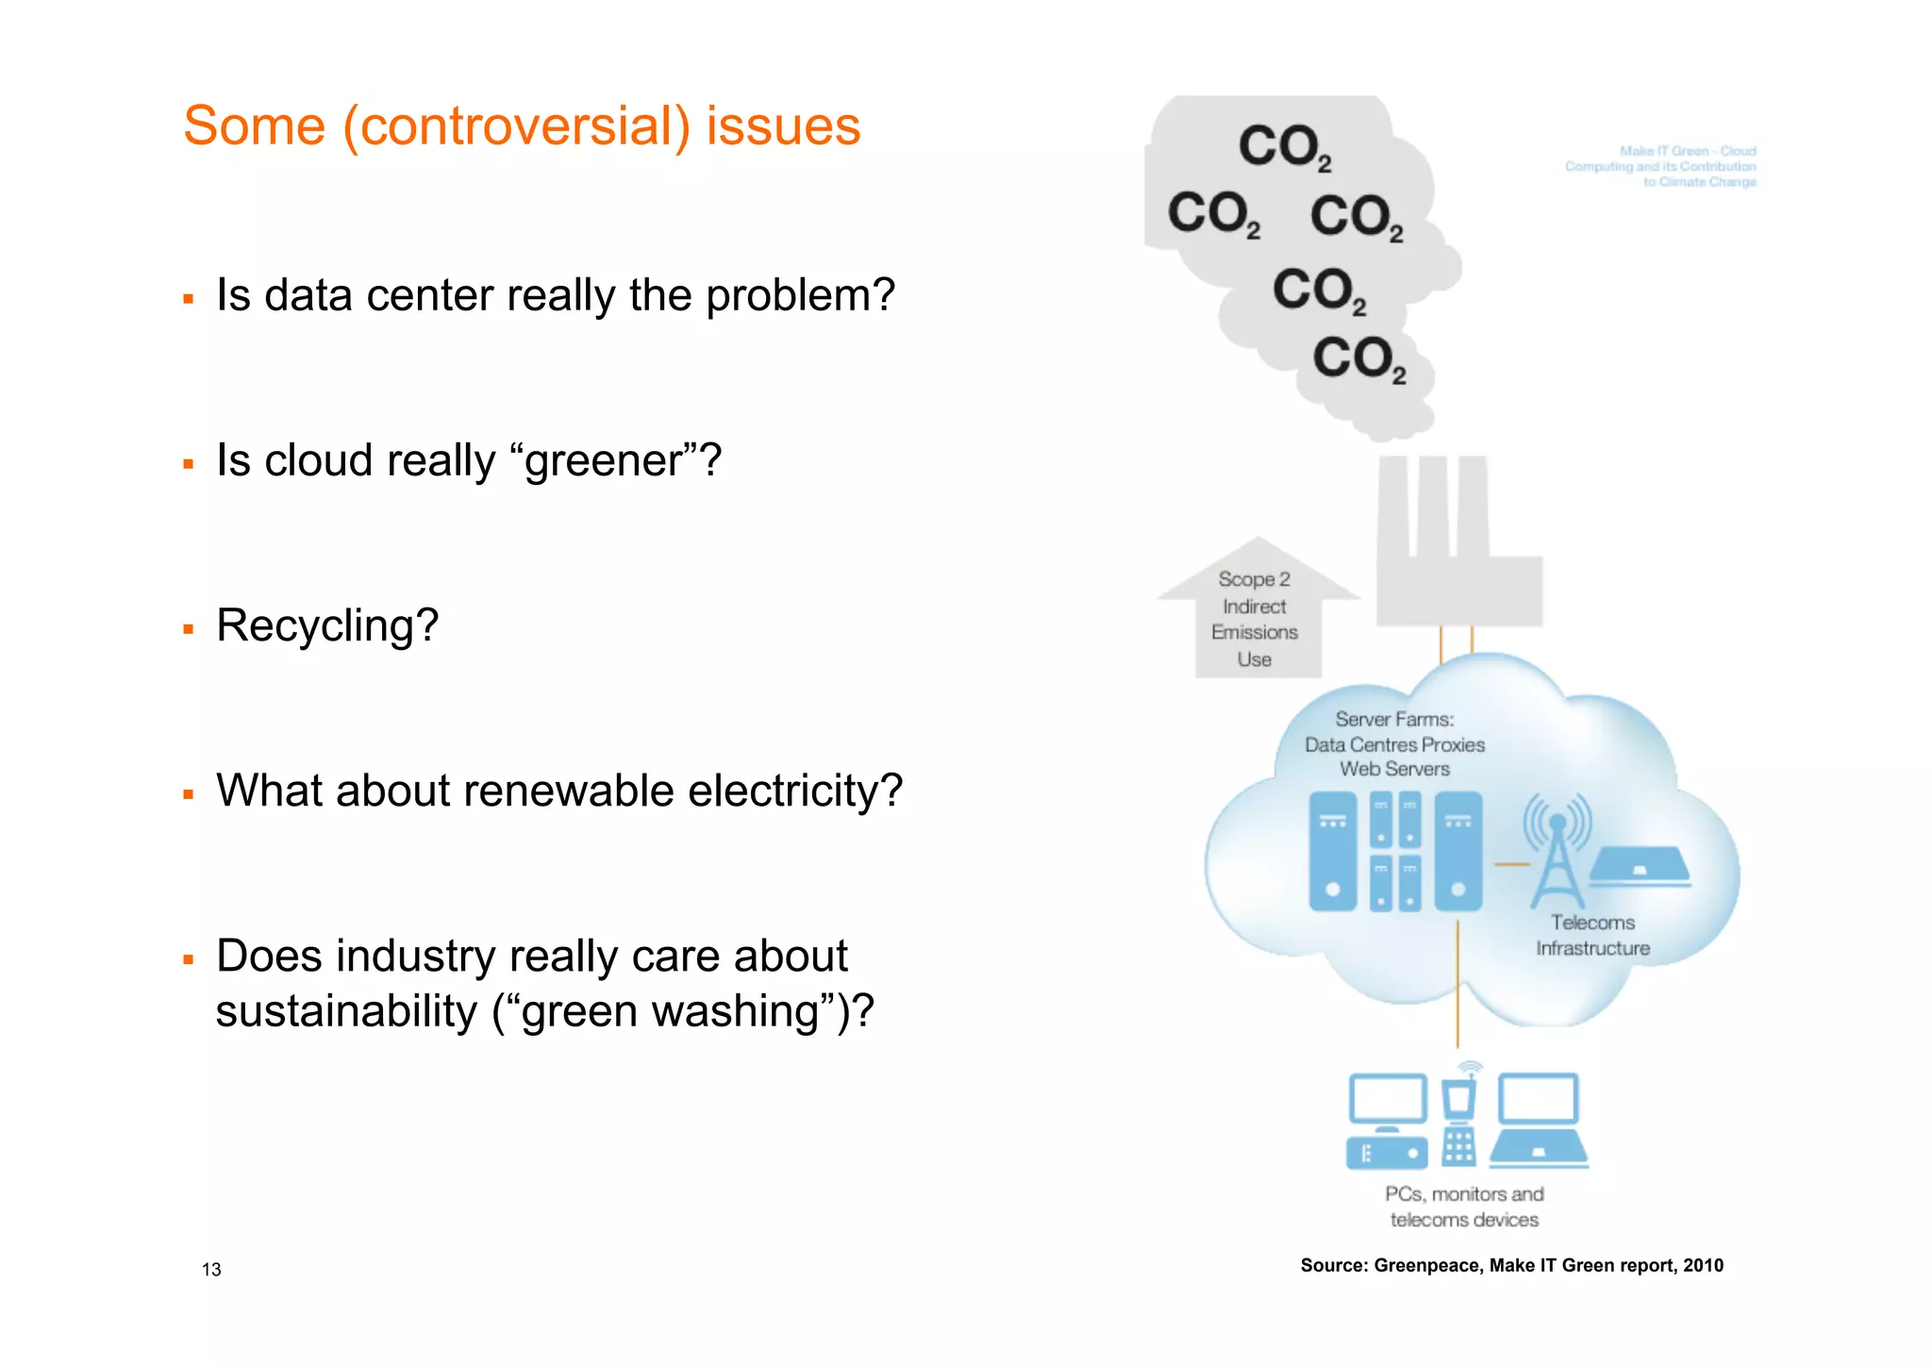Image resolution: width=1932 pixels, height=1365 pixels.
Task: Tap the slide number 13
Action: [211, 1270]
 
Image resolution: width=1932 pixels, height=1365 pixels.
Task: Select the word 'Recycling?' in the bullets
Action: [327, 625]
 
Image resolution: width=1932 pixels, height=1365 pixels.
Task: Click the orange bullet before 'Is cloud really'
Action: [189, 464]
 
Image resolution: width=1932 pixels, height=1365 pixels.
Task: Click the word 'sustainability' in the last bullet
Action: [346, 1011]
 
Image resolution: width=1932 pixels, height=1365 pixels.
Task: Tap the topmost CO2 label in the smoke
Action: [1284, 148]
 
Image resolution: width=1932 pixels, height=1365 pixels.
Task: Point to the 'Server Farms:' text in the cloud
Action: [1394, 720]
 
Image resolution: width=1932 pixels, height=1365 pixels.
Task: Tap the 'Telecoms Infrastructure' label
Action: [1592, 935]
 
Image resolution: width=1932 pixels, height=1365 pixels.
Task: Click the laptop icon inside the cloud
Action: [1640, 866]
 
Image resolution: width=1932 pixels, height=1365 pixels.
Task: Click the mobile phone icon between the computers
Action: [1459, 1118]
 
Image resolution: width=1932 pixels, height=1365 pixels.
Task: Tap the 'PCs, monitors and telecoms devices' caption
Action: [1464, 1207]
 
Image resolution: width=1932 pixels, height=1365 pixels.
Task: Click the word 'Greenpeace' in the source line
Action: [1426, 1266]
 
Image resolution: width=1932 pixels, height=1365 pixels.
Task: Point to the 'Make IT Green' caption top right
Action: [1661, 166]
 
